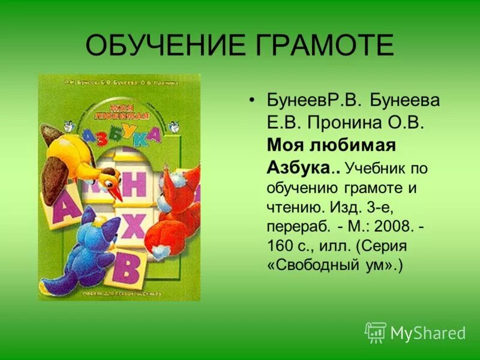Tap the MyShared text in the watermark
click(x=428, y=333)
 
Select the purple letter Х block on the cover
click(x=134, y=226)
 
